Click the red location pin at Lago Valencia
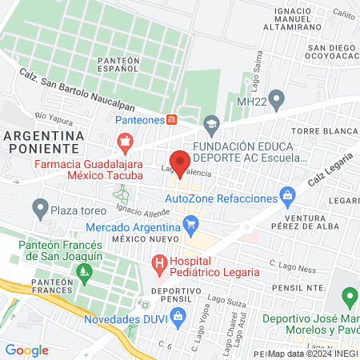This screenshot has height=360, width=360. [181, 161]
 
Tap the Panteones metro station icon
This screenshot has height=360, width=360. [171, 120]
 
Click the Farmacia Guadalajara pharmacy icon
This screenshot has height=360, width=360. [124, 144]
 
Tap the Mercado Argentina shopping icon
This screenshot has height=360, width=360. [192, 225]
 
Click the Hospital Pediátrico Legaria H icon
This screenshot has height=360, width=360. [159, 262]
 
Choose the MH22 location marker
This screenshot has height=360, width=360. [277, 101]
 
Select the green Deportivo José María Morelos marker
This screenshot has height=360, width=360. [348, 298]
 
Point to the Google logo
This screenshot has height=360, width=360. [27, 350]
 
